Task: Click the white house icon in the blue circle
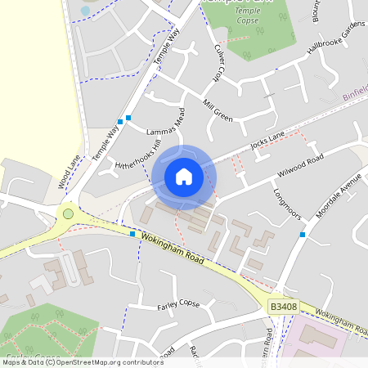[184, 176]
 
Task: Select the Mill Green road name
[218, 114]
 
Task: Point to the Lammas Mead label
[167, 125]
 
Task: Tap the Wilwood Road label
[301, 164]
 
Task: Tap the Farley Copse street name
[178, 305]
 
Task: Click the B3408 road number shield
[282, 307]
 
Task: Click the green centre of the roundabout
[68, 214]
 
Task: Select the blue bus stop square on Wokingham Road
[132, 233]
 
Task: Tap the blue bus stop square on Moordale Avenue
[303, 235]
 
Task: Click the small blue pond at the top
[85, 11]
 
